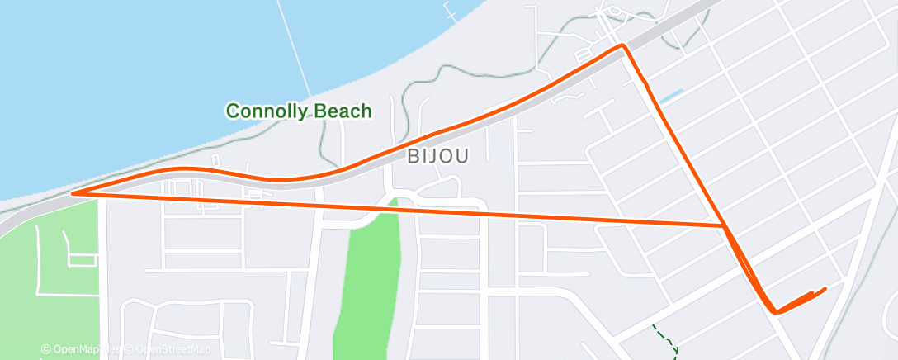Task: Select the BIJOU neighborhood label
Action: [437, 156]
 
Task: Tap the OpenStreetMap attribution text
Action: [168, 350]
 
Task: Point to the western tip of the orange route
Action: [73, 193]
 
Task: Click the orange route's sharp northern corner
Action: [622, 46]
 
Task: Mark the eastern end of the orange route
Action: [825, 288]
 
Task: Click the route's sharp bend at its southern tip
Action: [775, 311]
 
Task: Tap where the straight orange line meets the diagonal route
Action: [724, 225]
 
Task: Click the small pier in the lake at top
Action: [450, 12]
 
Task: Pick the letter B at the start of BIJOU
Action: [414, 156]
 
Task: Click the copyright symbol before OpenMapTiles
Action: [46, 350]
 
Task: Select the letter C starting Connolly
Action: [233, 111]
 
